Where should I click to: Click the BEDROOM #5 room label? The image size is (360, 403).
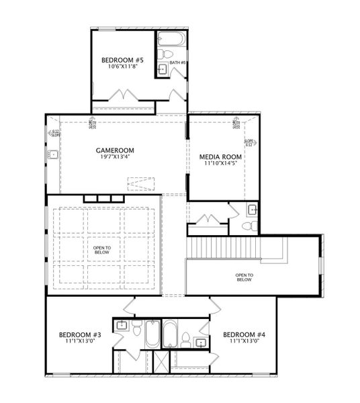[122, 59]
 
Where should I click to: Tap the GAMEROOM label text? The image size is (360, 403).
[115, 150]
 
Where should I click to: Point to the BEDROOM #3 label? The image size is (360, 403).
[79, 334]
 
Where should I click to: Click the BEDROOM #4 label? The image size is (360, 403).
[244, 334]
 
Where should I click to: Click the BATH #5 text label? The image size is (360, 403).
[178, 63]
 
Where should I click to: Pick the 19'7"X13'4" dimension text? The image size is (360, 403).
[115, 158]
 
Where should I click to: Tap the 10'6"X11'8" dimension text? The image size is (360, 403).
[122, 66]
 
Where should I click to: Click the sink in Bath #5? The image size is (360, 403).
[163, 69]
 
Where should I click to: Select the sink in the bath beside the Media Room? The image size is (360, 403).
[252, 210]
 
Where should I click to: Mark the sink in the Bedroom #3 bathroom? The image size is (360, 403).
[122, 326]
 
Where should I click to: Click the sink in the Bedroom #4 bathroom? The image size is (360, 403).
[200, 343]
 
